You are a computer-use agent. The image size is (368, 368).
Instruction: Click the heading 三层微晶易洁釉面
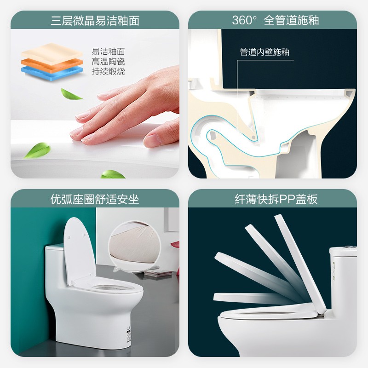coord(95,20)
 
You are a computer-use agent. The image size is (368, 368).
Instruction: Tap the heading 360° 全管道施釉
coord(275,20)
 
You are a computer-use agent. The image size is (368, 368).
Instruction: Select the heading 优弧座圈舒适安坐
coord(95,199)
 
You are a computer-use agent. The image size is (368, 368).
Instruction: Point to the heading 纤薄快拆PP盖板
coord(276,199)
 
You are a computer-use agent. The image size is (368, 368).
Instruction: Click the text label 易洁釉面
coord(108,52)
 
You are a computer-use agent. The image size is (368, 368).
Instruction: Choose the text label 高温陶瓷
coord(108,61)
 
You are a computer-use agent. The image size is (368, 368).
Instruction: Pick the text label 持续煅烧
coord(108,71)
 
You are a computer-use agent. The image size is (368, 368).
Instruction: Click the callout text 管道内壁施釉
coord(264,52)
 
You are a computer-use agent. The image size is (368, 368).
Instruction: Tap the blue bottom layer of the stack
coord(52,73)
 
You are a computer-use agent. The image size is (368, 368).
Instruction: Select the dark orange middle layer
coord(52,63)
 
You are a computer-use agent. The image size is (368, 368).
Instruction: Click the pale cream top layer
coord(52,53)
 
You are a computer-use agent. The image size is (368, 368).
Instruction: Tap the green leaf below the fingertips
coord(38,150)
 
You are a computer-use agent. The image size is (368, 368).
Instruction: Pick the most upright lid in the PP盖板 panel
coord(300,263)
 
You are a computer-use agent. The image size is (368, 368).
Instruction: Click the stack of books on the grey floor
coord(157,273)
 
